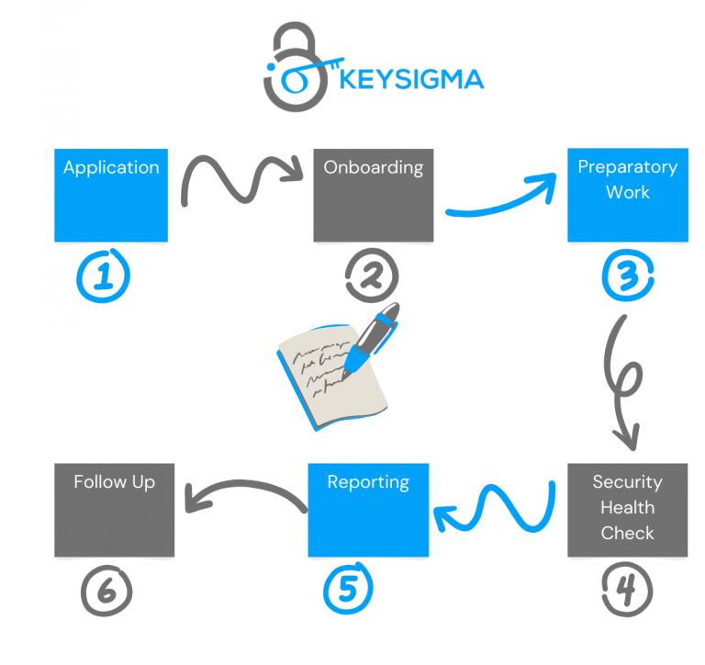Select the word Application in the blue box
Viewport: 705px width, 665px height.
click(x=111, y=167)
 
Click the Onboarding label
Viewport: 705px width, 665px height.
click(x=373, y=167)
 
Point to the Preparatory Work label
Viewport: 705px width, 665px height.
click(x=628, y=179)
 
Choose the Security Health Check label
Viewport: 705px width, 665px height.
click(x=628, y=507)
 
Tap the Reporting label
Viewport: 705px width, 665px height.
click(x=368, y=481)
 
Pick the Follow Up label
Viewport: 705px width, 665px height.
click(x=115, y=481)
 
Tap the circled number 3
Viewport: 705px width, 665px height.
click(x=628, y=274)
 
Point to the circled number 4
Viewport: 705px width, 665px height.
click(x=628, y=588)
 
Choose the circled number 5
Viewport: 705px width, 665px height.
click(x=347, y=588)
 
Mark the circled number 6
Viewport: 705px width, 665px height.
click(x=106, y=588)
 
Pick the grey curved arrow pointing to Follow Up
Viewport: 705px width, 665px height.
click(x=244, y=493)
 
